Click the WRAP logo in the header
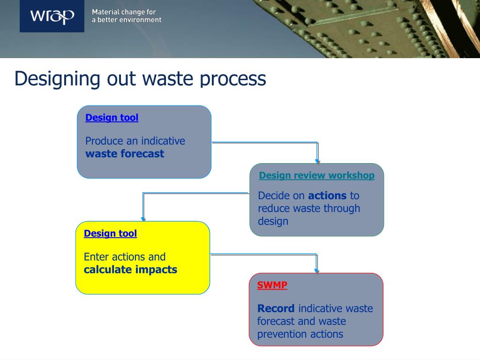(x=52, y=17)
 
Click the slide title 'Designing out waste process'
(x=140, y=78)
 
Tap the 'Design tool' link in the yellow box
(x=110, y=233)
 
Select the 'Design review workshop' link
(x=316, y=175)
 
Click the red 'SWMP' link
(x=272, y=285)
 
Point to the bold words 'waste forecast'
(x=125, y=154)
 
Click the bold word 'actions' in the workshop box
(x=327, y=195)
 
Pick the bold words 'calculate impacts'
(x=130, y=270)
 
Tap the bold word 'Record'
(x=276, y=308)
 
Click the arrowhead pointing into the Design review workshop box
(x=317, y=161)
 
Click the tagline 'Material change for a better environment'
(x=127, y=16)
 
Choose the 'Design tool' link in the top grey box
(x=112, y=118)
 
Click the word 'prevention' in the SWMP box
(x=277, y=334)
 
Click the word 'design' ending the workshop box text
(x=273, y=221)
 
